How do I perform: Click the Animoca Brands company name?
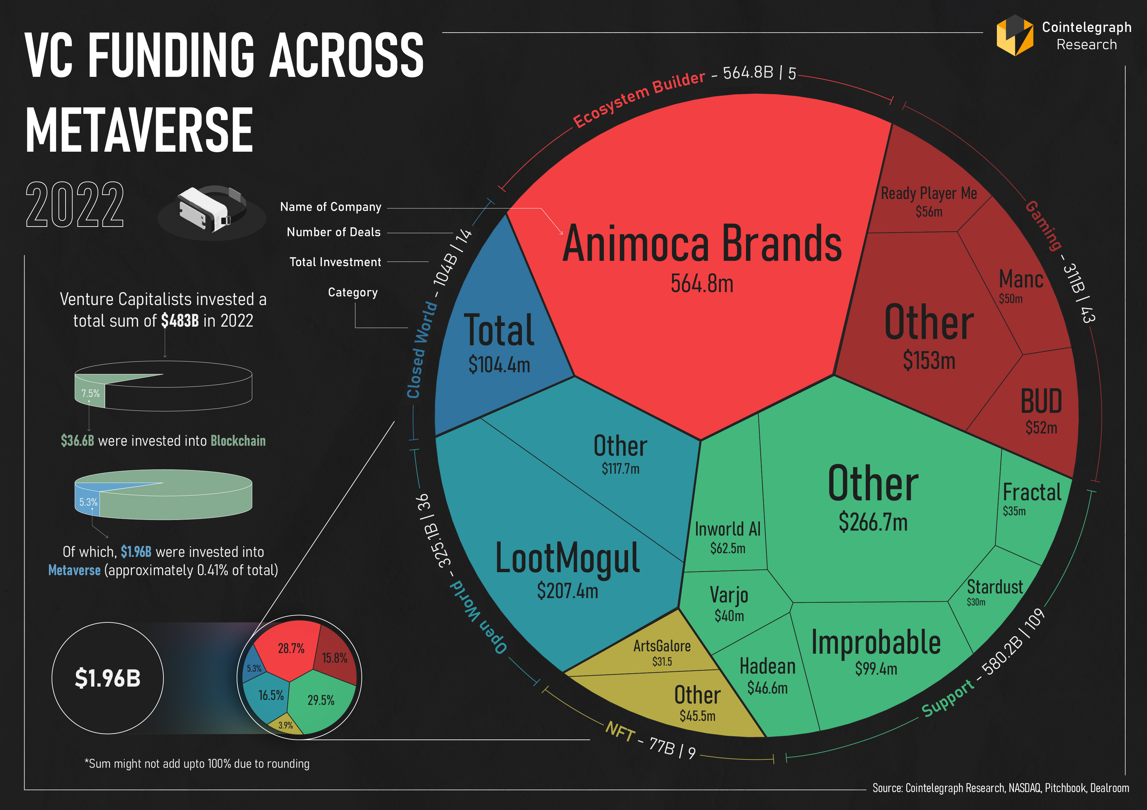tap(702, 244)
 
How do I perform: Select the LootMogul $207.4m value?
tap(568, 591)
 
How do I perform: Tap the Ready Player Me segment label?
tap(929, 194)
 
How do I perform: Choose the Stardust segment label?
tap(995, 587)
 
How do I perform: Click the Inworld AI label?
tap(727, 529)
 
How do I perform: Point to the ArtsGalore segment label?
tap(662, 646)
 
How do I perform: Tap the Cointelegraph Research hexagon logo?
tap(1015, 36)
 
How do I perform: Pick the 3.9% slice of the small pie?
tap(286, 726)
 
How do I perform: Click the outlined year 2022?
tap(75, 205)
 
